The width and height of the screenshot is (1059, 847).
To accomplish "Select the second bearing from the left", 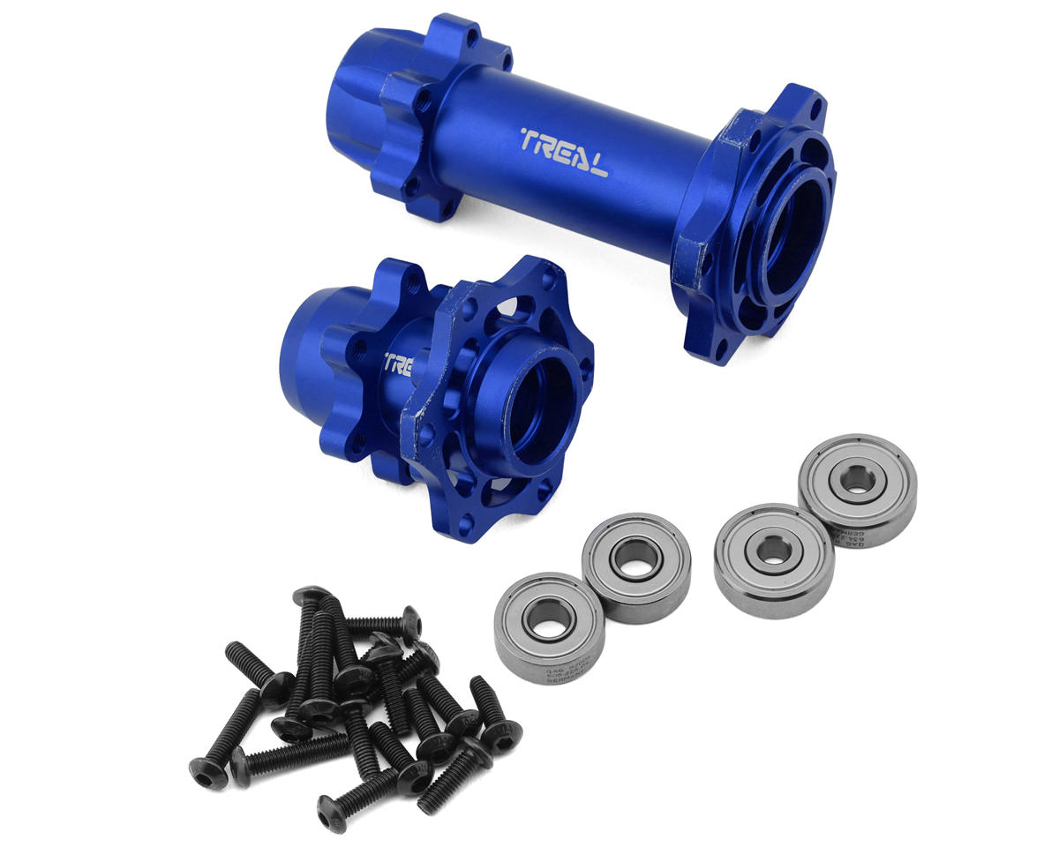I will coord(635,567).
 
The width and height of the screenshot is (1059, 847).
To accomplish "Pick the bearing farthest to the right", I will coord(856,490).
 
